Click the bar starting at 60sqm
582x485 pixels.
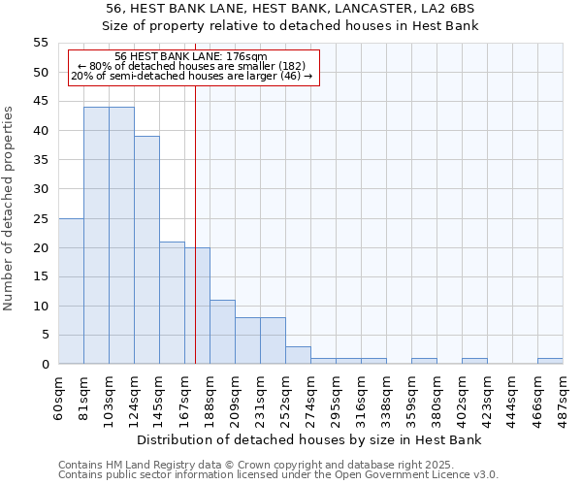click(x=71, y=291)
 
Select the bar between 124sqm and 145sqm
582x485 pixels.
click(x=146, y=250)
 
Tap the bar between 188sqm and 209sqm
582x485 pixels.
click(x=222, y=332)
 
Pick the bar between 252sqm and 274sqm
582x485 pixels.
click(x=298, y=355)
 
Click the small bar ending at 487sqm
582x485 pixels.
click(x=550, y=361)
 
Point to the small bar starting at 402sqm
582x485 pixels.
click(x=474, y=361)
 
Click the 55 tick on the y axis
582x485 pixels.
click(x=41, y=43)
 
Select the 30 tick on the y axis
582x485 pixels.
click(x=41, y=189)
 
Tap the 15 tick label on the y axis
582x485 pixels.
click(x=41, y=276)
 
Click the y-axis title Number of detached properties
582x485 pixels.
click(x=10, y=209)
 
